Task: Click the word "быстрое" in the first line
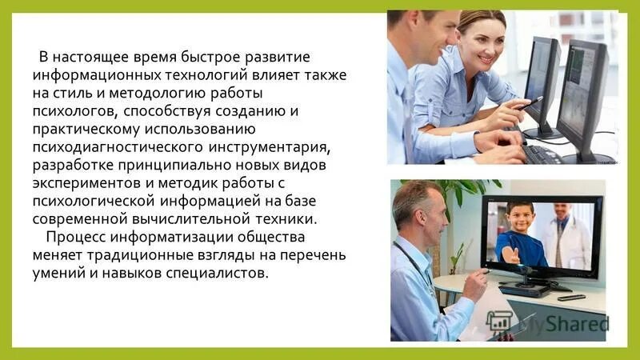click(x=203, y=58)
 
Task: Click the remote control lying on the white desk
click(x=571, y=298)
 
